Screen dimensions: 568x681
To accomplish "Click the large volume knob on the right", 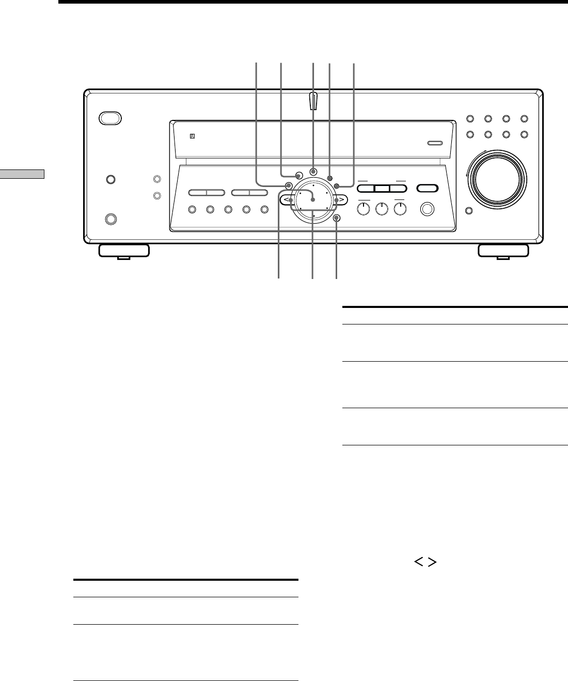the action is [x=496, y=177].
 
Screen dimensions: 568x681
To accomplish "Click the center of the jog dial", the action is [x=313, y=199].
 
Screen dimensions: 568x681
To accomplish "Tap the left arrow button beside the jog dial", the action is [x=288, y=200].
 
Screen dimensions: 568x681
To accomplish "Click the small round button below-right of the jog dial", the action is [x=337, y=218].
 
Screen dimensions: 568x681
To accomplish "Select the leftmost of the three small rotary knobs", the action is [x=364, y=208].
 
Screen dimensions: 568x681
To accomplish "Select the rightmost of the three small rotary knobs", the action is [x=400, y=208].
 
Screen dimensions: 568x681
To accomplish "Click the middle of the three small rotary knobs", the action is [x=382, y=208].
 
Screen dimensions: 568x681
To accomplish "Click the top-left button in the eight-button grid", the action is [x=470, y=119].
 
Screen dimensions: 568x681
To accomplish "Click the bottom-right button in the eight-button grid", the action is [x=524, y=134].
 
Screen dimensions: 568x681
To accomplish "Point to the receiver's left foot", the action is [x=123, y=251].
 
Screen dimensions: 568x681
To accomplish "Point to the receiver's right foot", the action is [x=503, y=251].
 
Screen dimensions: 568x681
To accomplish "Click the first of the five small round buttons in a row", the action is [x=192, y=210].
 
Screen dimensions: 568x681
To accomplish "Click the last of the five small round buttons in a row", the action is [x=264, y=210].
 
